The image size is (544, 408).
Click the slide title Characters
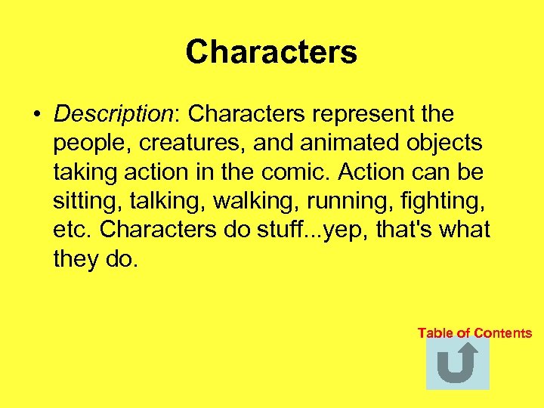coord(271,52)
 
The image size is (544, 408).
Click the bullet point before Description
coord(36,115)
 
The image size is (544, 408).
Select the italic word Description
coord(113,115)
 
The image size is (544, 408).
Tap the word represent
coord(358,114)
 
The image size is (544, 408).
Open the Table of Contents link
coord(474,333)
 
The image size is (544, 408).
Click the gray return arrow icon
coord(458,363)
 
